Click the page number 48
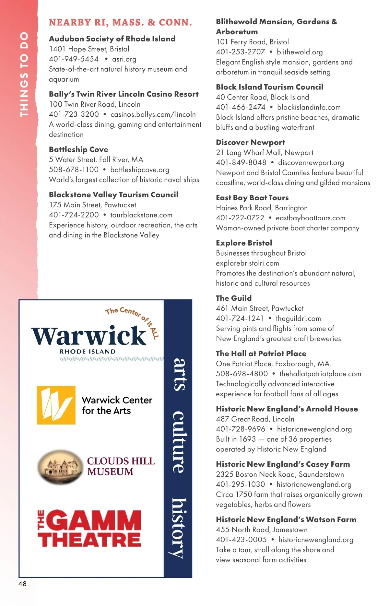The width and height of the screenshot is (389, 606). pyautogui.click(x=22, y=584)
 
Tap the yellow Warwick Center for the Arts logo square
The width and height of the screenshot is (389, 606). pyautogui.click(x=56, y=405)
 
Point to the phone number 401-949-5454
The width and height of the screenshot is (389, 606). pyautogui.click(x=74, y=59)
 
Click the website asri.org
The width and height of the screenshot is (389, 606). pyautogui.click(x=124, y=59)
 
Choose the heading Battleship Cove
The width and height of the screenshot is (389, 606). pyautogui.click(x=78, y=149)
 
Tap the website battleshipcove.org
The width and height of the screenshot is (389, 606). pyautogui.click(x=140, y=170)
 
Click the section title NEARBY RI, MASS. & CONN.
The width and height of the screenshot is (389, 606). pyautogui.click(x=120, y=22)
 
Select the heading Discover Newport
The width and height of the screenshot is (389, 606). pyautogui.click(x=250, y=142)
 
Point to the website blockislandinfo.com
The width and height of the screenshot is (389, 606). pyautogui.click(x=309, y=107)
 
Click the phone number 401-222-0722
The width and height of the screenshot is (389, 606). pyautogui.click(x=240, y=218)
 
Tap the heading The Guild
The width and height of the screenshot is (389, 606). pyautogui.click(x=234, y=298)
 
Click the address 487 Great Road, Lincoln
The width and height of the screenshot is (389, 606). pyautogui.click(x=255, y=419)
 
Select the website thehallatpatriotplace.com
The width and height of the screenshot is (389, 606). pyautogui.click(x=320, y=374)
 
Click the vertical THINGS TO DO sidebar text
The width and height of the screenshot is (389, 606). pyautogui.click(x=24, y=74)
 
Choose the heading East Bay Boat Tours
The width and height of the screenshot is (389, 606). pyautogui.click(x=252, y=198)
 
